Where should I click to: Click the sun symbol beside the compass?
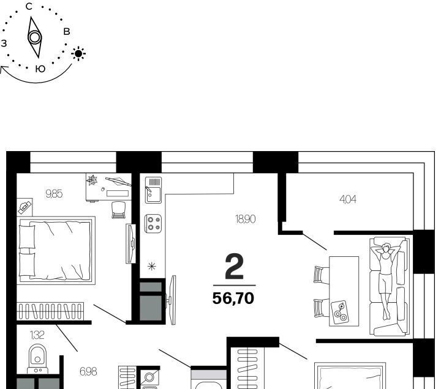pyautogui.click(x=78, y=53)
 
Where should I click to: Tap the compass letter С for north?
pyautogui.click(x=29, y=7)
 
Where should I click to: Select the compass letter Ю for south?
pyautogui.click(x=40, y=69)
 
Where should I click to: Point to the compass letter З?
pyautogui.click(x=4, y=43)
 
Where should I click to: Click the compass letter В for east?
pyautogui.click(x=67, y=31)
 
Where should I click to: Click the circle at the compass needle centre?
pyautogui.click(x=34, y=37)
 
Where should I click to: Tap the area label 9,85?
pyautogui.click(x=54, y=193)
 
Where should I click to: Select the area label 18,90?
pyautogui.click(x=245, y=219)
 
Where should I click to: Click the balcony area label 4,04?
pyautogui.click(x=348, y=199)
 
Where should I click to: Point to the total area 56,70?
pyautogui.click(x=233, y=298)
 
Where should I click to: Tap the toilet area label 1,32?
pyautogui.click(x=37, y=335)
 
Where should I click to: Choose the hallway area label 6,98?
pyautogui.click(x=88, y=372)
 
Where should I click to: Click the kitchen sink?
pyautogui.click(x=153, y=190)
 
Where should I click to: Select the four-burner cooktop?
pyautogui.click(x=153, y=224)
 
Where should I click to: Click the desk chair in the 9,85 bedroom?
pyautogui.click(x=118, y=210)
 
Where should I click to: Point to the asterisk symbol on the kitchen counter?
pyautogui.click(x=152, y=266)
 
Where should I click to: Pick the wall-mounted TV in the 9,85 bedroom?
pyautogui.click(x=131, y=243)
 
